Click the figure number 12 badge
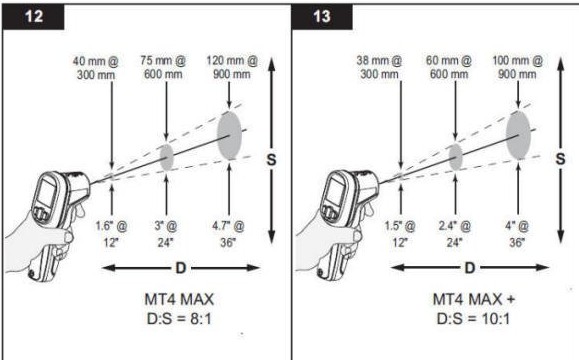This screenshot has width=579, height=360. [33, 17]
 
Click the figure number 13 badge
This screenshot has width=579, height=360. [322, 17]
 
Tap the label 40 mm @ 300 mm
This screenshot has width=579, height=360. [96, 68]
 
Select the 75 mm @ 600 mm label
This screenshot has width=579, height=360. [163, 67]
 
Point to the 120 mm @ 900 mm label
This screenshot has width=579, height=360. [232, 67]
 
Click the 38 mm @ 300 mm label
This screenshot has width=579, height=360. [379, 67]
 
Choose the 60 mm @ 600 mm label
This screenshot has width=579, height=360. [449, 67]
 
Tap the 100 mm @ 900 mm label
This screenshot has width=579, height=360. [517, 67]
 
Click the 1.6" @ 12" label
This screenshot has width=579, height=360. [111, 234]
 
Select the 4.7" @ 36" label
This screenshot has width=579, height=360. [228, 234]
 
